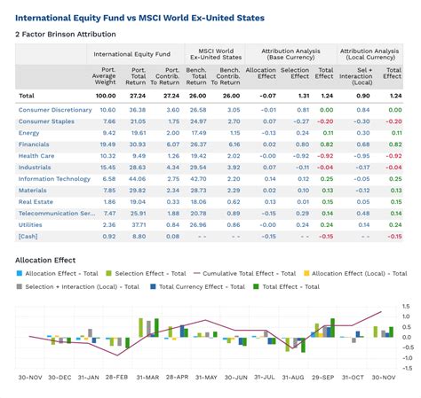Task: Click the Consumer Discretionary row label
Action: click(x=55, y=109)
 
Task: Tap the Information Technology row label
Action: click(x=54, y=178)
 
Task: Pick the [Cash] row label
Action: click(x=28, y=236)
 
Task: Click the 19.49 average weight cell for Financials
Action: click(x=107, y=144)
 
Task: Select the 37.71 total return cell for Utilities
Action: click(x=138, y=224)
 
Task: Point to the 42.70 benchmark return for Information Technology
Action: click(x=198, y=178)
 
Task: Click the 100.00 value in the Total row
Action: click(x=106, y=95)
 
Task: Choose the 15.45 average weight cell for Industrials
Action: click(x=107, y=167)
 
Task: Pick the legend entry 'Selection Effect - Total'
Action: click(x=147, y=274)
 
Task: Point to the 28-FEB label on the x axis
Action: click(x=116, y=377)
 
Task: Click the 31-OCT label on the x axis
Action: click(x=353, y=377)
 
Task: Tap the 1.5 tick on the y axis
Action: click(x=405, y=306)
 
